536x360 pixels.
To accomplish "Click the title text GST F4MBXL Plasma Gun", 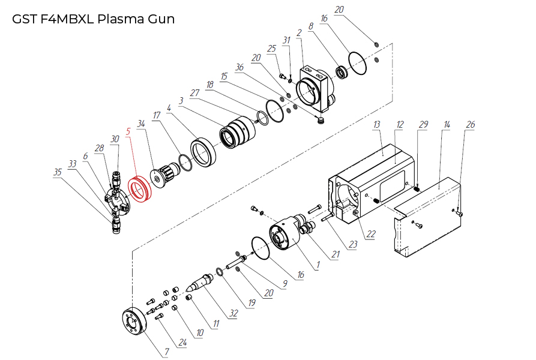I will pos(93,19).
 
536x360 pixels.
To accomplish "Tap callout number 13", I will pos(377,124).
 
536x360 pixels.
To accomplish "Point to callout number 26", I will pos(471,124).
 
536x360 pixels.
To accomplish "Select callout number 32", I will pos(232,313).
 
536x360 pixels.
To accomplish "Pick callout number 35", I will pos(58,172).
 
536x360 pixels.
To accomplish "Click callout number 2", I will pos(299,32).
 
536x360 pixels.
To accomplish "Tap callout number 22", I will pos(371,233).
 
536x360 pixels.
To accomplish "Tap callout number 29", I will pos(423,124).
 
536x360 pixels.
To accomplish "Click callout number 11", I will pos(215,324).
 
